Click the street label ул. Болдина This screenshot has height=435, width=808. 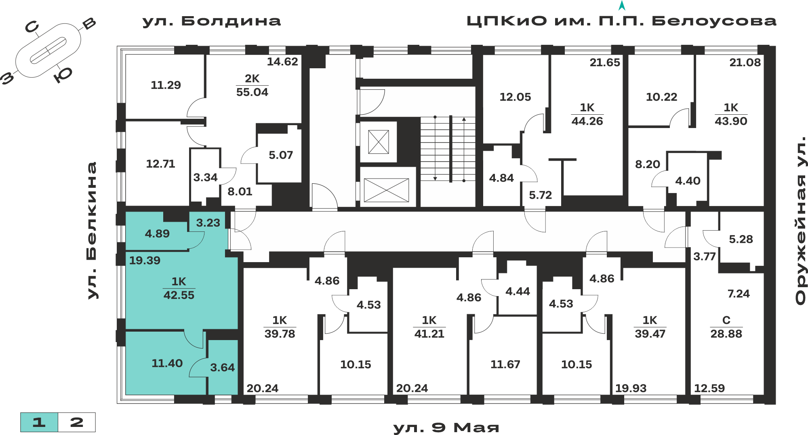pyautogui.click(x=212, y=21)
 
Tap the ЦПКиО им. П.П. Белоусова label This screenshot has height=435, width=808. pyautogui.click(x=621, y=21)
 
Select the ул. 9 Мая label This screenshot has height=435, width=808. pyautogui.click(x=446, y=427)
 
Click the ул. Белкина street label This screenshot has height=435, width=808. pyautogui.click(x=92, y=231)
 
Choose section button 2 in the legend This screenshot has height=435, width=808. pyautogui.click(x=77, y=422)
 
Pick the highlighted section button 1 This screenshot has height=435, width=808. pyautogui.click(x=39, y=422)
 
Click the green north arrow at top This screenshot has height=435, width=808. pyautogui.click(x=622, y=5)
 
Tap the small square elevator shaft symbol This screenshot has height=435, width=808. pyautogui.click(x=379, y=142)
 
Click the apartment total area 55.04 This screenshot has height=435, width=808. pyautogui.click(x=252, y=92)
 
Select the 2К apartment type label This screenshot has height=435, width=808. pyautogui.click(x=252, y=78)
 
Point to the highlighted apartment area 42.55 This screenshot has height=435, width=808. pyautogui.click(x=179, y=295)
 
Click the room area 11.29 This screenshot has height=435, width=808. pyautogui.click(x=166, y=85)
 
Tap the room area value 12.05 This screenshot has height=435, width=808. pyautogui.click(x=515, y=97)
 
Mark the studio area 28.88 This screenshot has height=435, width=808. pyautogui.click(x=726, y=334)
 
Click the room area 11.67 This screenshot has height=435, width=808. pyautogui.click(x=505, y=364)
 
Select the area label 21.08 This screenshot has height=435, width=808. pyautogui.click(x=745, y=63)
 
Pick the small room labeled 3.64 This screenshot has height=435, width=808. pyautogui.click(x=222, y=368)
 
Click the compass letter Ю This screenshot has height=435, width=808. pyautogui.click(x=63, y=75)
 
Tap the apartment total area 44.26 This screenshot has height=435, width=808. pyautogui.click(x=587, y=121)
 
